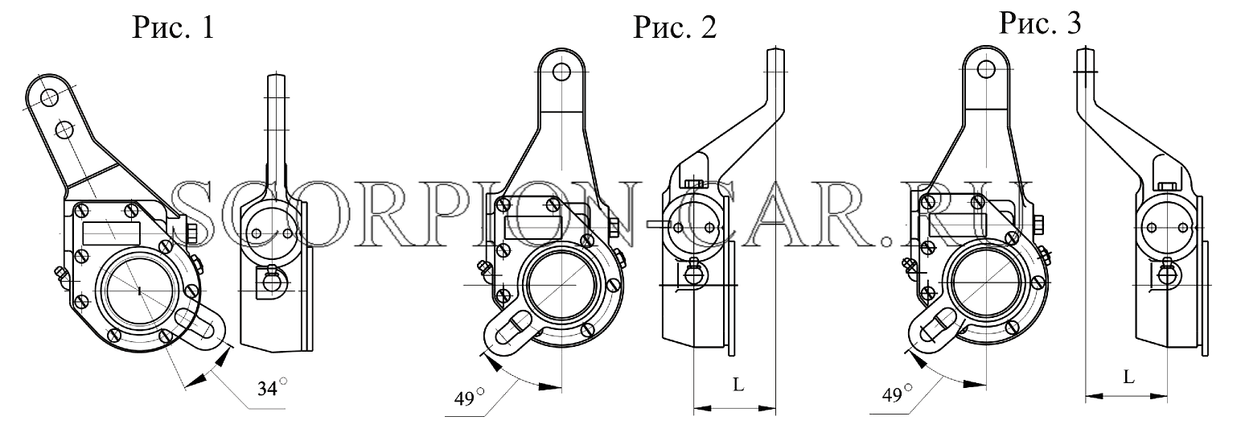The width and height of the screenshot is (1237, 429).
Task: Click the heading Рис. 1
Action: [173, 27]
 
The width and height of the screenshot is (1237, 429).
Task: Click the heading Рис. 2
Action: [674, 27]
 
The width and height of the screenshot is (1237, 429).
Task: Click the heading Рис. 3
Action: [1040, 23]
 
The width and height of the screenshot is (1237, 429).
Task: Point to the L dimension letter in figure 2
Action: [738, 384]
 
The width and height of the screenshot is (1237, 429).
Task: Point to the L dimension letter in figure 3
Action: [1128, 377]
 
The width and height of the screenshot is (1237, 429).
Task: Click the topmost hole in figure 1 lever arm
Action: [49, 97]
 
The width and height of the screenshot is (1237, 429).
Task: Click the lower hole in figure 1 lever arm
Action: [65, 130]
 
